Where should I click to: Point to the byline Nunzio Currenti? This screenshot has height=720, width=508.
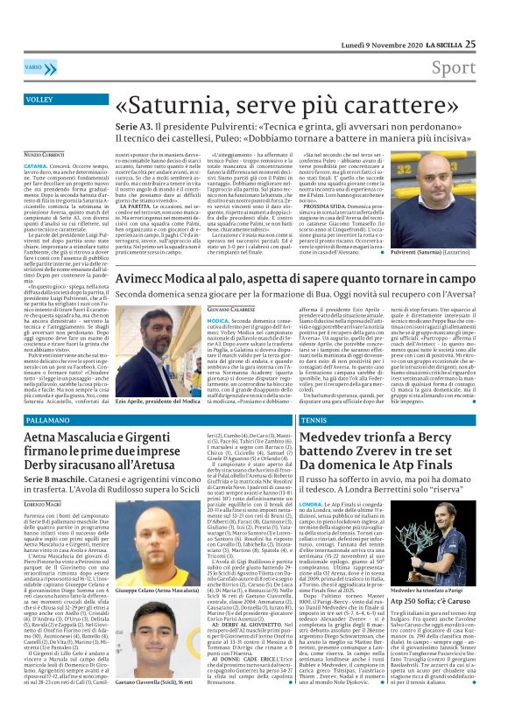44,154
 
